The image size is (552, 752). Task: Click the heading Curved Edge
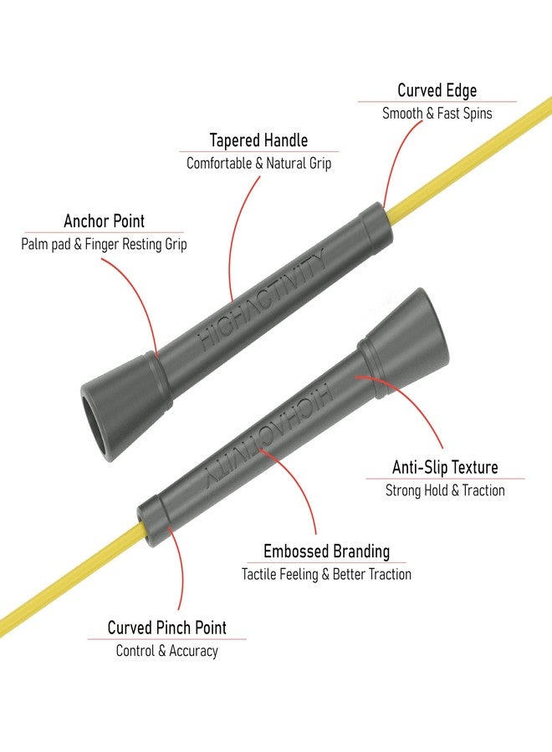(x=437, y=90)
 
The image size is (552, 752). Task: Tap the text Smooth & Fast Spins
(x=437, y=114)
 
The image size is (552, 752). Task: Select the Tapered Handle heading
(x=258, y=140)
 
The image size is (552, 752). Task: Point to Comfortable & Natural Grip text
(x=258, y=163)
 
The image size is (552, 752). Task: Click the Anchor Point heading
(x=105, y=221)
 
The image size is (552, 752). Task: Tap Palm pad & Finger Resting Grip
(x=104, y=244)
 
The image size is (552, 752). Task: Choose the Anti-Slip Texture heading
(x=445, y=467)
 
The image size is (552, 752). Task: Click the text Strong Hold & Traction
(x=445, y=490)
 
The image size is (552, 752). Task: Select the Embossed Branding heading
(x=326, y=551)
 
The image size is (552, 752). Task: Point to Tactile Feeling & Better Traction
(x=326, y=574)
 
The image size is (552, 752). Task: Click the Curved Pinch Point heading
(x=166, y=628)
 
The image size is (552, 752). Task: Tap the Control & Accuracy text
(x=166, y=651)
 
